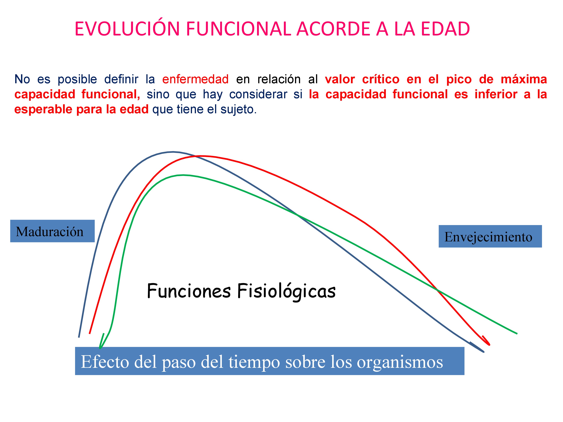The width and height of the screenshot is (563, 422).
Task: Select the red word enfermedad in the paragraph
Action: coord(196,79)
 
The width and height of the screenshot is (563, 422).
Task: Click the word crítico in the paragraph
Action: coord(381,79)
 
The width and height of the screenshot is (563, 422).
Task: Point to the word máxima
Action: coord(524,79)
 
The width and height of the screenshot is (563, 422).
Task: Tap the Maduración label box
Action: coord(52,231)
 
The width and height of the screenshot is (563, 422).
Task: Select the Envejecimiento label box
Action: coord(490,236)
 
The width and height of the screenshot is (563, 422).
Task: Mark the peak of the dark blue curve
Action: coord(173,152)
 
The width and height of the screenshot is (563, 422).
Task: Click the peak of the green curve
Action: coord(183,175)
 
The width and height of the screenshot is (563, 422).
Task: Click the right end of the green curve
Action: coord(517,333)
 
